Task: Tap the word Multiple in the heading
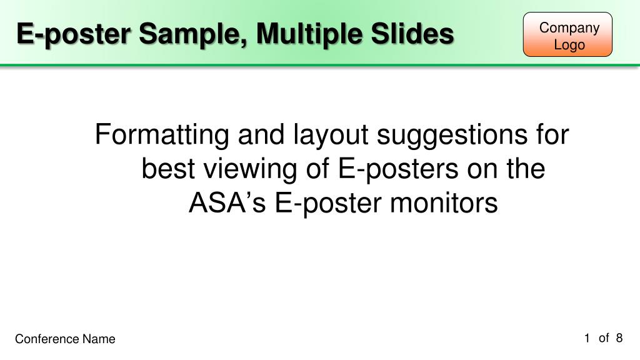[307, 34]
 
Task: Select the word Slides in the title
[412, 34]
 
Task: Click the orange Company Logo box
[567, 35]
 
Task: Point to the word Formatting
[161, 136]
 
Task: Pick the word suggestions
[447, 136]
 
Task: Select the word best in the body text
[164, 169]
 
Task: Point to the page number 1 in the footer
[587, 338]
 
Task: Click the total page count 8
[619, 338]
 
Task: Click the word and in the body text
[255, 136]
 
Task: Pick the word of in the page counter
[603, 338]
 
